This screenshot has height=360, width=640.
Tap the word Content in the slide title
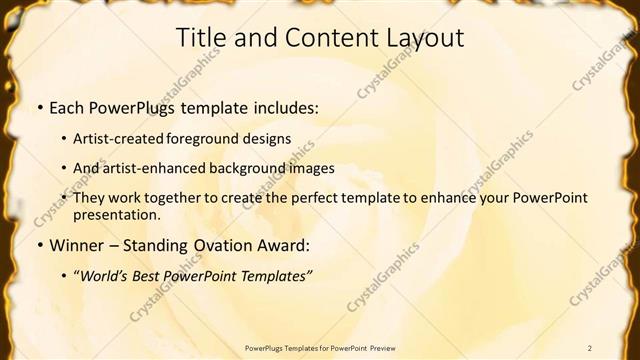pos(322,38)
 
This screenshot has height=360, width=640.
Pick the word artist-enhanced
pos(159,168)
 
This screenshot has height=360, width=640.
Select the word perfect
pos(317,198)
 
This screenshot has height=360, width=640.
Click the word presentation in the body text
pos(116,215)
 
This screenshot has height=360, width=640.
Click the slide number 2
pos(591,347)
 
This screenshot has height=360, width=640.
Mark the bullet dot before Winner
pos(39,246)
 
